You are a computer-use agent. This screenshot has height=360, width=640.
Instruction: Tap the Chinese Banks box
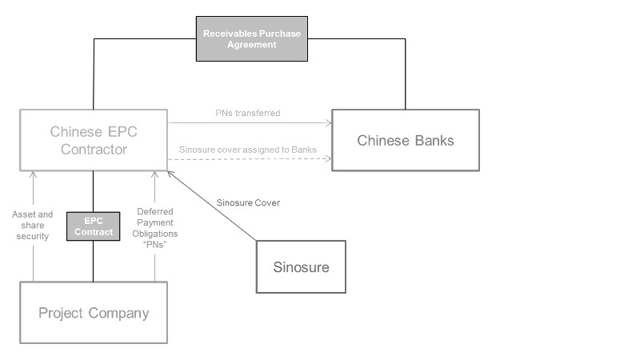[x=405, y=140]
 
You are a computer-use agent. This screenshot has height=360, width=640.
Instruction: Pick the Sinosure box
[x=301, y=266]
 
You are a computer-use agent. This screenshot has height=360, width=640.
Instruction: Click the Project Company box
[x=94, y=312]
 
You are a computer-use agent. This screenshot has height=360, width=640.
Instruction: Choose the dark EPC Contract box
[x=94, y=226]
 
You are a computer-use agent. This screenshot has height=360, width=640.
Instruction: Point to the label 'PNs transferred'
[x=249, y=114]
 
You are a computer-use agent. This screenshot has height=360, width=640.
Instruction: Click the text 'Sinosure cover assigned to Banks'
[x=247, y=150]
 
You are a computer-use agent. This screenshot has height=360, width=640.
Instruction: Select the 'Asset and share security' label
[x=33, y=226]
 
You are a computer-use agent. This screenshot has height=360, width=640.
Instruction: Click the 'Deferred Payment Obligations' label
[x=155, y=222]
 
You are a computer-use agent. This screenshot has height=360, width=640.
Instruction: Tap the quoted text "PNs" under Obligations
[x=155, y=244]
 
